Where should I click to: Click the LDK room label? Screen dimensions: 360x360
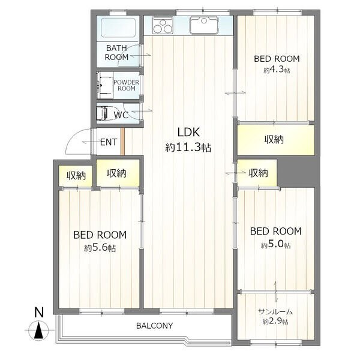click(188, 132)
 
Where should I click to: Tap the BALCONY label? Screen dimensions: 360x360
click(155, 326)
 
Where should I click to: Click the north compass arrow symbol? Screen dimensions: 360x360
click(39, 330)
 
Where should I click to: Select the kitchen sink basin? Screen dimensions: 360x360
click(203, 25)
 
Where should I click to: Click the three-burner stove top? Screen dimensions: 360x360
click(163, 26)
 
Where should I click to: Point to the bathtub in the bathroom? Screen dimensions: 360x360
click(118, 28)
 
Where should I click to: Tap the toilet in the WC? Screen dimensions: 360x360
click(103, 113)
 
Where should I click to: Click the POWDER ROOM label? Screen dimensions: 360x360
click(126, 85)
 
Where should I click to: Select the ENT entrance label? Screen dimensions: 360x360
click(109, 142)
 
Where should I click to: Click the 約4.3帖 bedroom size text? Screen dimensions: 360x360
click(277, 70)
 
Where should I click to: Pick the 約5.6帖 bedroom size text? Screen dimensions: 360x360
click(100, 248)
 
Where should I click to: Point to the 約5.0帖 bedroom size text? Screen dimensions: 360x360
click(275, 245)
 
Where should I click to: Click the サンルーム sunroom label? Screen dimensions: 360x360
click(275, 312)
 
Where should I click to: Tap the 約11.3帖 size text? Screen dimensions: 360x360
click(188, 148)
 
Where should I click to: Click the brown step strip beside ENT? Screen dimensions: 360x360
click(122, 142)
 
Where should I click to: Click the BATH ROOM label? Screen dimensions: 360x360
click(116, 53)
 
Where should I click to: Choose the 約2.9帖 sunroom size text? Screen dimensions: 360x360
click(275, 321)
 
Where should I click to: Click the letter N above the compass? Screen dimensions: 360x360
click(39, 313)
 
